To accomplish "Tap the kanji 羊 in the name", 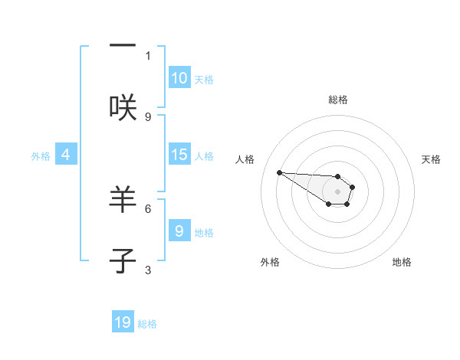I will [123, 200].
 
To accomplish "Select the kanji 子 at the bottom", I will [123, 261].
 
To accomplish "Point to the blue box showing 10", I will [179, 78].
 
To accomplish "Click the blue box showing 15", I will [179, 155].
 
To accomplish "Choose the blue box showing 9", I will [179, 231].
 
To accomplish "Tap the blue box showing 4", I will [66, 155].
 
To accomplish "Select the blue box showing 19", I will [123, 322].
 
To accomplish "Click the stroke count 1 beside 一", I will [148, 55].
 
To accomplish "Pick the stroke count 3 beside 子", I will [148, 270].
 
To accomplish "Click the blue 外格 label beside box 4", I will [41, 156].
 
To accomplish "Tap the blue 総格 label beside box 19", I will [147, 324].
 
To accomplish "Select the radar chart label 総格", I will [338, 100].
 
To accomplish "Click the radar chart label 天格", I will [431, 159].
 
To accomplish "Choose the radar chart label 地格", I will [402, 262].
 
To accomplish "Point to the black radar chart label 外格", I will [270, 262].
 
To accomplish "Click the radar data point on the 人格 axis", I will [279, 172].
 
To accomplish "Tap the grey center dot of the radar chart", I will [337, 191].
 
